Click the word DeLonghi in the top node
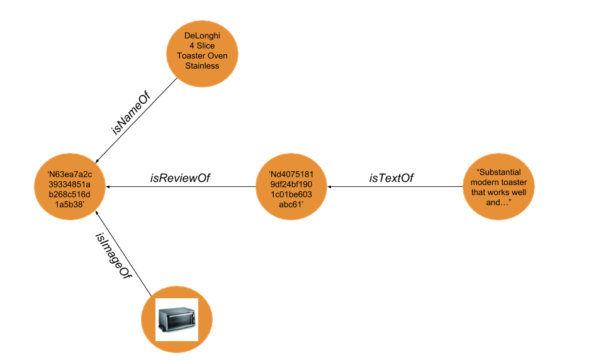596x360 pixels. pos(202,36)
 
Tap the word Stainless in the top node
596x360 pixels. pos(202,65)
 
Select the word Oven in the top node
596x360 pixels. pos(217,56)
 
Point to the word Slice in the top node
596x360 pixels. pos(206,46)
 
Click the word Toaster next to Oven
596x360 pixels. pos(191,56)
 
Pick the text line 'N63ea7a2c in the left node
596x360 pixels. pos(70,174)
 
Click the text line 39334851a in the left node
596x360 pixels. pos(70,184)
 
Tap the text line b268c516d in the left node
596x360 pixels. pos(70,194)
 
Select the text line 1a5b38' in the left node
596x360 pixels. pos(70,205)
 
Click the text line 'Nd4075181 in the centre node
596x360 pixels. pos(291,174)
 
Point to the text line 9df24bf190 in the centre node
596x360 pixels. pos(291,184)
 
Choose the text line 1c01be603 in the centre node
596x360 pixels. pos(291,194)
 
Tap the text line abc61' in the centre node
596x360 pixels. pos(291,205)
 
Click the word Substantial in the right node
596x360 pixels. pos(501,172)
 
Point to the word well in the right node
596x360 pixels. pos(519,192)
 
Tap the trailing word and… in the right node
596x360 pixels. pos(498,202)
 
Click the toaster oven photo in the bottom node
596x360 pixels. pos(177,320)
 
